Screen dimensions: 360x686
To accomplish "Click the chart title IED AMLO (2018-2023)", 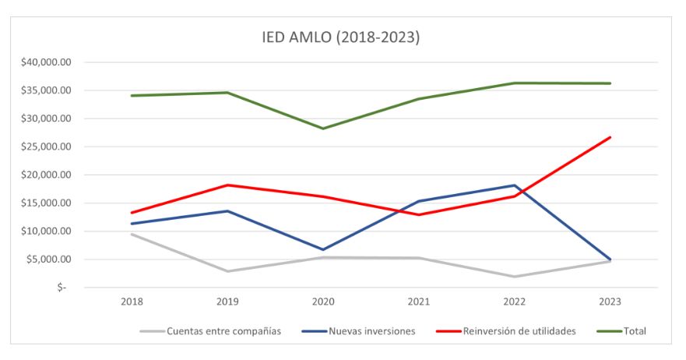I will pos(340,37).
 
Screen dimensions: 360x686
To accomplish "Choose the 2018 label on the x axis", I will pos(132,302).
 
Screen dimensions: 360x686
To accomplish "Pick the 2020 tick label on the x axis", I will pos(323,302).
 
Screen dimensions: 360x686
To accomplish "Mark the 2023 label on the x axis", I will pos(610,302).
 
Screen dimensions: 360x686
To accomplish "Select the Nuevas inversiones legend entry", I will pos(370,331).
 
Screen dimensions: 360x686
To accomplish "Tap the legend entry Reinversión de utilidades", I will pos(517,331).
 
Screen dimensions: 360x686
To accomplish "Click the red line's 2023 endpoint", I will pos(610,137).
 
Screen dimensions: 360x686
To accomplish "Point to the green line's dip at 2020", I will pos(323,129).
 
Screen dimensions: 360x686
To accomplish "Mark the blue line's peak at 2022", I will pos(515,185).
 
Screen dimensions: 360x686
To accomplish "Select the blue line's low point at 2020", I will pos(323,249).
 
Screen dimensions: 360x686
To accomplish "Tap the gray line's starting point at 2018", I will pos(132,234).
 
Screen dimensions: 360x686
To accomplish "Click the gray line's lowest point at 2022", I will pos(515,277).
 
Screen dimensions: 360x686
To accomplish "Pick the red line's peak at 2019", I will pos(227,185).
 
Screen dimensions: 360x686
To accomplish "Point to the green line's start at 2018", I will pos(132,96).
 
